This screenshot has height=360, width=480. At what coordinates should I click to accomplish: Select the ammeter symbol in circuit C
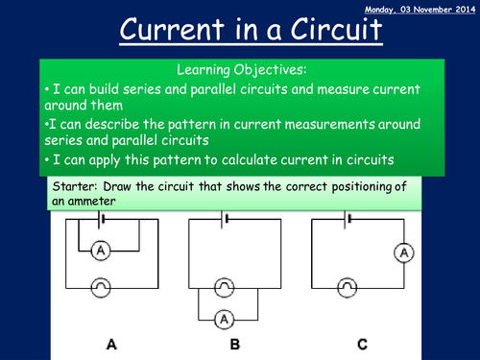coord(405,252)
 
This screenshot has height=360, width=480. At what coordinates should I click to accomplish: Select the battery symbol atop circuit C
coord(348,220)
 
